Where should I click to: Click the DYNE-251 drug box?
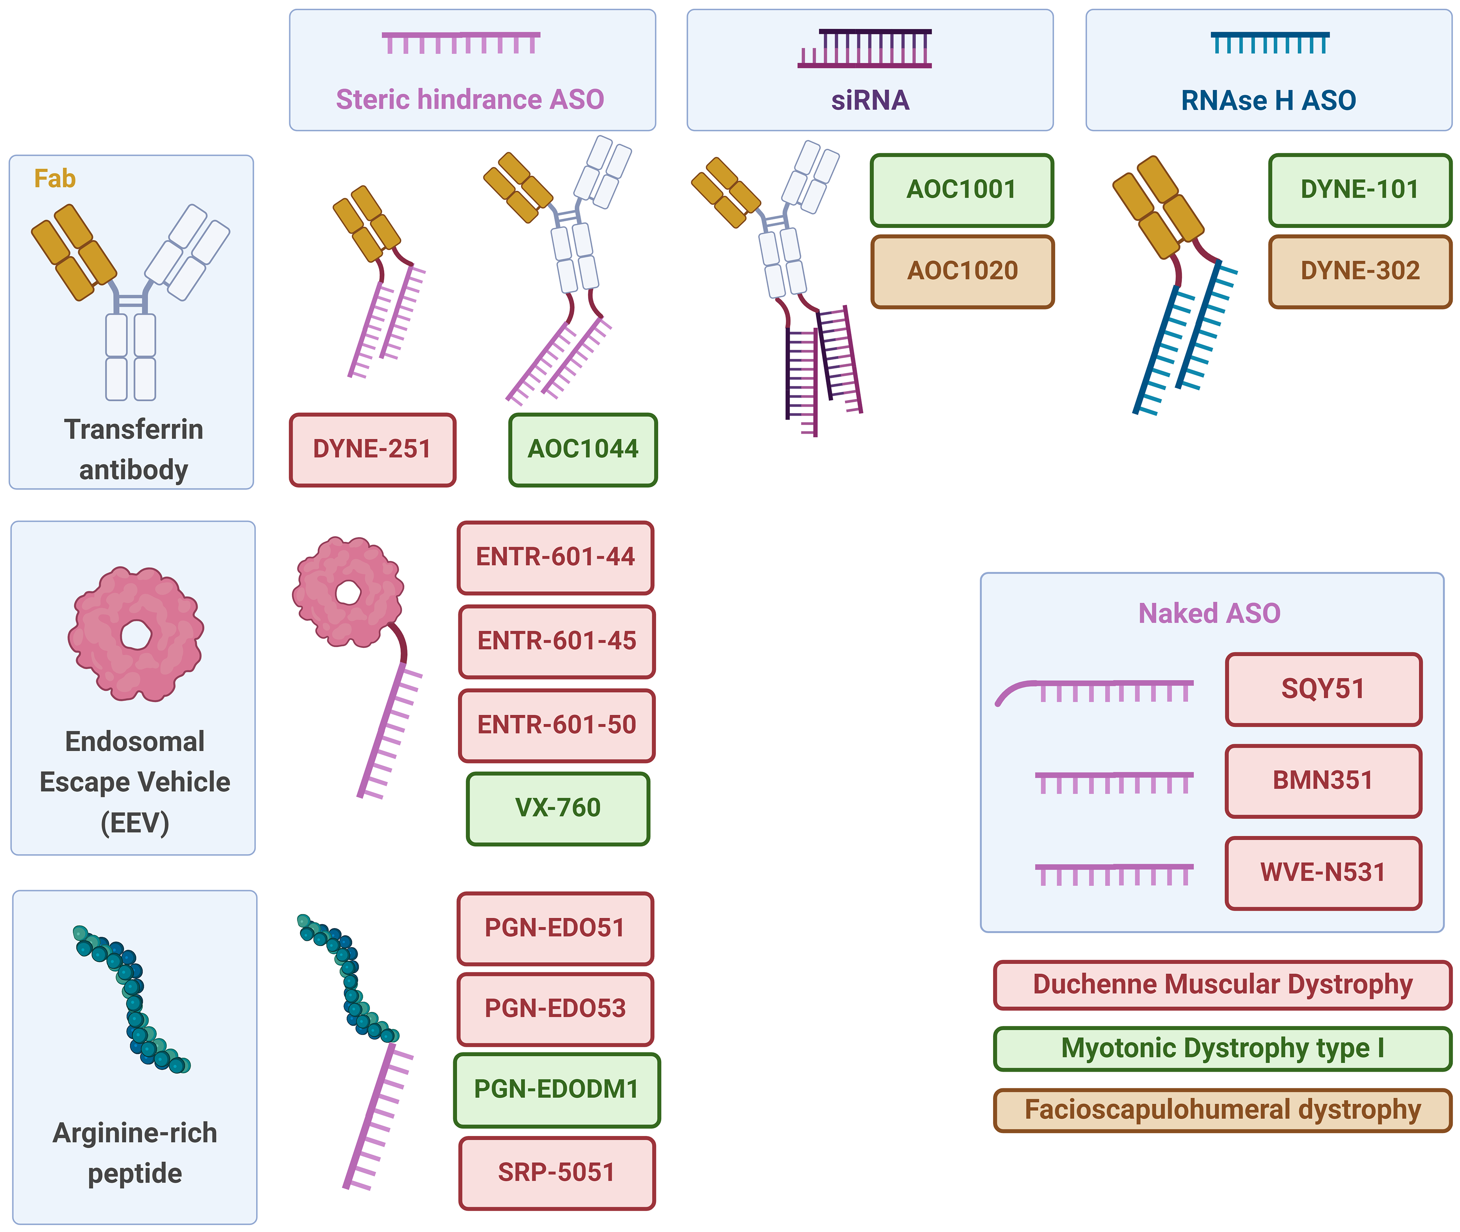coord(372,449)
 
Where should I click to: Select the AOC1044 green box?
coord(583,449)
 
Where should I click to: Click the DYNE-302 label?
coord(1360,271)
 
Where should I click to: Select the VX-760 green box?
coord(558,808)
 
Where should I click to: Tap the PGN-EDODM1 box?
coord(557,1090)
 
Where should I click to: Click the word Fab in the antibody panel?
coord(55,179)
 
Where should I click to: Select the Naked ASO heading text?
coord(1209,613)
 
